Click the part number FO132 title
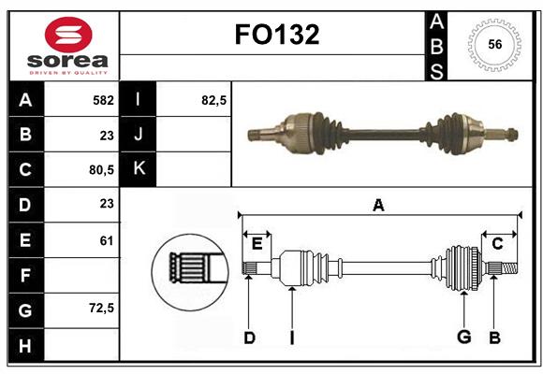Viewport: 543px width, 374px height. [277, 35]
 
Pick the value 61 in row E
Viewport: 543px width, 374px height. [106, 240]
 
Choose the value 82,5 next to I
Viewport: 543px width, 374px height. [214, 100]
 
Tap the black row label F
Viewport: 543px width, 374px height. [25, 275]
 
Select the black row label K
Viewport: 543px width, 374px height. [139, 169]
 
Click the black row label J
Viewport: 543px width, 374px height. [139, 135]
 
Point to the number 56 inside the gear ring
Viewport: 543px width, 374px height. [495, 44]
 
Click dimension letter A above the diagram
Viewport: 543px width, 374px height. [378, 205]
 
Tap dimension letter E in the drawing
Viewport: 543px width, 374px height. [257, 244]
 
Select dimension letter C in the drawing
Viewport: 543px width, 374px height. [497, 244]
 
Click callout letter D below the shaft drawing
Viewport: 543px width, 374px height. [249, 338]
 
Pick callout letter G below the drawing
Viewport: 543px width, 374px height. [463, 338]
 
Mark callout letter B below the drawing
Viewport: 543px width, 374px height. [495, 338]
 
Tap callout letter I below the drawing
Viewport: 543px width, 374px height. [292, 338]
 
